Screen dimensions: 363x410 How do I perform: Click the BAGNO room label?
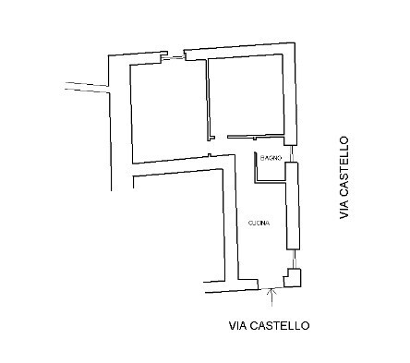[x=270, y=158]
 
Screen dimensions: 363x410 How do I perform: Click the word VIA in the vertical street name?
[x=344, y=209]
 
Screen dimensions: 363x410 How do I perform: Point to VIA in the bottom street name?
[x=238, y=325]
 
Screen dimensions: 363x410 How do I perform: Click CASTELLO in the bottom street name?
[x=281, y=325]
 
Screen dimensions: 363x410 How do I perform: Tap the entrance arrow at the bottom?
[x=271, y=295]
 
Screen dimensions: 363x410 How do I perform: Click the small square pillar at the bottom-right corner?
[x=293, y=278]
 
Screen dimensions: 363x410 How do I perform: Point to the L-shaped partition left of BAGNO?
[x=257, y=166]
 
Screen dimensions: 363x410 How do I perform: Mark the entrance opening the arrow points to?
[x=271, y=283]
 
